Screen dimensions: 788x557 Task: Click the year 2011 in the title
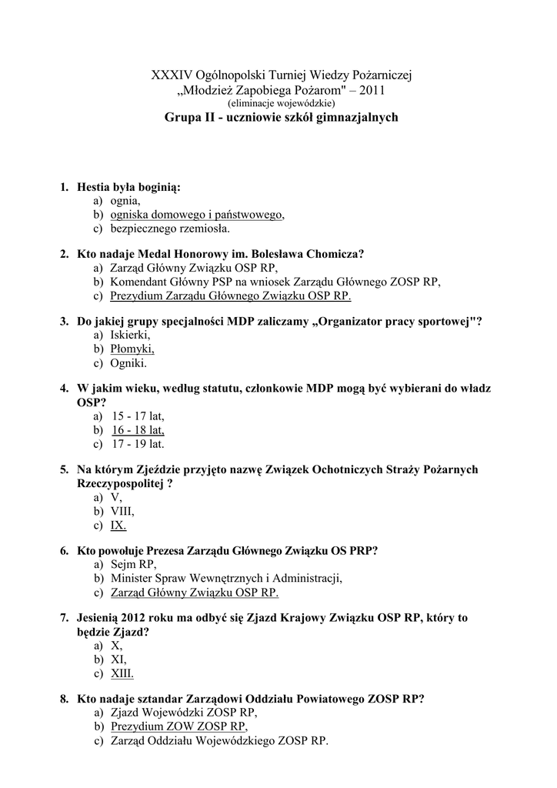click(371, 90)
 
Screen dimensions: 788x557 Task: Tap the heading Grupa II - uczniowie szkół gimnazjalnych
click(281, 119)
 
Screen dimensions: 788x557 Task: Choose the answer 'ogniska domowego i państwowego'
click(196, 215)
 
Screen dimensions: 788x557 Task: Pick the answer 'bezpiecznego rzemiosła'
click(169, 229)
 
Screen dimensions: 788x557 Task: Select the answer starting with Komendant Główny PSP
click(275, 282)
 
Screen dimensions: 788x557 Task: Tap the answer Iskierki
click(130, 336)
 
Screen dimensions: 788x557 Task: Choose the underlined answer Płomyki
click(132, 349)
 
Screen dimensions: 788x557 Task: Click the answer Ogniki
click(128, 363)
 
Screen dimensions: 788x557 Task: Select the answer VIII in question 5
click(122, 511)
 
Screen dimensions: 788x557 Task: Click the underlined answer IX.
click(118, 525)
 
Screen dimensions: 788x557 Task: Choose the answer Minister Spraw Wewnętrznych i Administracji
click(226, 579)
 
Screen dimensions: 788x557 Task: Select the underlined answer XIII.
click(122, 673)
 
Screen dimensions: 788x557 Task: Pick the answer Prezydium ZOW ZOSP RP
click(178, 726)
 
